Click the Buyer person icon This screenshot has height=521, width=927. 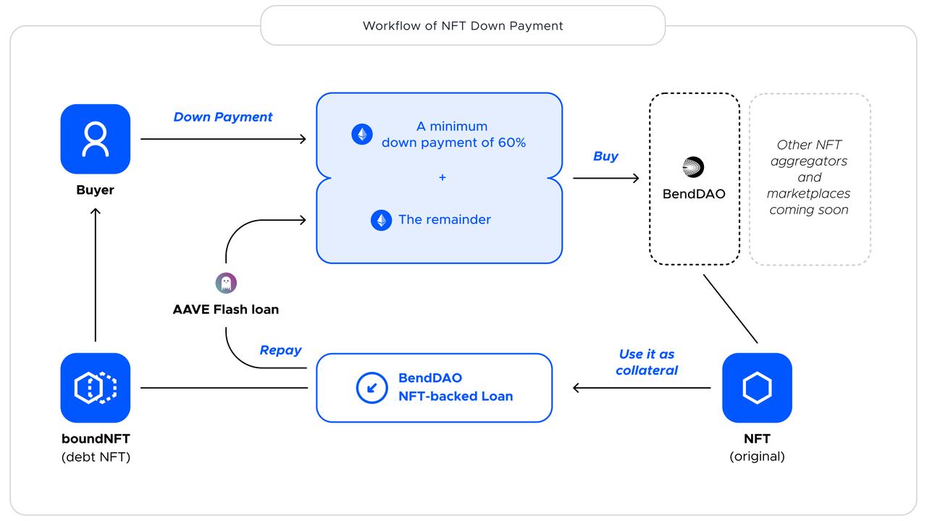[x=96, y=139]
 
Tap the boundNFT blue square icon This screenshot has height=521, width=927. [x=96, y=388]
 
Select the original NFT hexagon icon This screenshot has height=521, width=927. [x=757, y=388]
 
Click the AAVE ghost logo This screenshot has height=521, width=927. [x=226, y=283]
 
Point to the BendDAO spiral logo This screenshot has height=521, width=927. [x=693, y=167]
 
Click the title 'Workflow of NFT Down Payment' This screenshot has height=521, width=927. [x=463, y=26]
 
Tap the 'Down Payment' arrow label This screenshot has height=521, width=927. [x=223, y=117]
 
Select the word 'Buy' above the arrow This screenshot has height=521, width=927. [x=605, y=156]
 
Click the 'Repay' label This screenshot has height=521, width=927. [x=280, y=350]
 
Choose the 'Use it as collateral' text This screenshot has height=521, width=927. [x=647, y=362]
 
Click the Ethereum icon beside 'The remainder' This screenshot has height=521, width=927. [x=381, y=220]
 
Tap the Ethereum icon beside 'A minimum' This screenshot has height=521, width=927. [x=362, y=134]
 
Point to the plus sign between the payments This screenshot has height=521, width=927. [x=442, y=177]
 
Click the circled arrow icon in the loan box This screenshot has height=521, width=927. [x=372, y=388]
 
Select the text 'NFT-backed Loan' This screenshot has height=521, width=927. [x=456, y=397]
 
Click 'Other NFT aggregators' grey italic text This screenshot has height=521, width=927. [x=809, y=153]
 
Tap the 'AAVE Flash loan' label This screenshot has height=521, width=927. [x=226, y=310]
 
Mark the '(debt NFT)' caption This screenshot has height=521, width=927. [x=96, y=457]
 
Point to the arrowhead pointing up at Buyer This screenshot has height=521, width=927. [x=96, y=211]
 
